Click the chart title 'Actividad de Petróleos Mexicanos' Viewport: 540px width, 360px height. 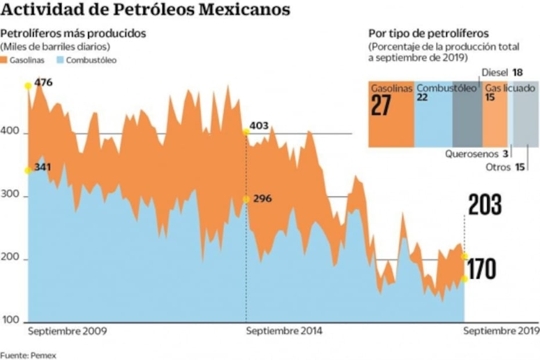coord(146,10)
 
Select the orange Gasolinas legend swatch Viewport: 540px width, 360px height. coord(5,60)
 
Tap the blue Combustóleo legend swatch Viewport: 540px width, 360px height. coord(60,60)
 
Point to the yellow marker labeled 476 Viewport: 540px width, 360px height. coord(28,86)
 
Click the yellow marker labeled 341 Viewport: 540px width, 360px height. coord(28,170)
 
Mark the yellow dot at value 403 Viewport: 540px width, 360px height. coord(246,132)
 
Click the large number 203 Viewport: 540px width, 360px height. coord(485,206)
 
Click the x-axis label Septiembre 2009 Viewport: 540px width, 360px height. coord(67,332)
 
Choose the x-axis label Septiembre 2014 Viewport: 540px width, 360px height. coord(284,332)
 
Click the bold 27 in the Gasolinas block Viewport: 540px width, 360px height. coord(381,106)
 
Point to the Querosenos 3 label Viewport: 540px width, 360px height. coord(477,154)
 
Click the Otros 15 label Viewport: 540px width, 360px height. coord(505,167)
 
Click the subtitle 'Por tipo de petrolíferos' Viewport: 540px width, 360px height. coord(429,33)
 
